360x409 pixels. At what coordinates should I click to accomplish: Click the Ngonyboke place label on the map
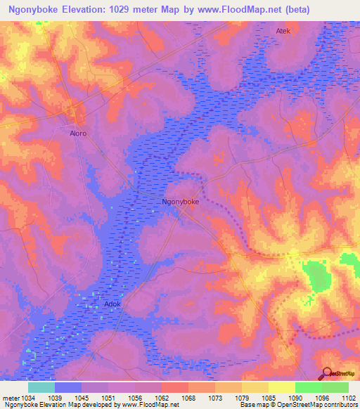181,202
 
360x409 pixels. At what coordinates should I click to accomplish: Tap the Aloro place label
78,132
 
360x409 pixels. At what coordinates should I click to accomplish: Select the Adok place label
112,304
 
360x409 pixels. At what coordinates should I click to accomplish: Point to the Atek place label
283,31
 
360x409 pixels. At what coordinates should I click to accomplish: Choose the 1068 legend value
188,397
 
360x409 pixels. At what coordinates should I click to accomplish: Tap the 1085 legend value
269,397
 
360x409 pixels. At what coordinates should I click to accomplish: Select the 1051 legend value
108,397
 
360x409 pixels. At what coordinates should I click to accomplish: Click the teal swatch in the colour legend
41,387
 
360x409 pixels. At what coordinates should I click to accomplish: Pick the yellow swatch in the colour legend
281,387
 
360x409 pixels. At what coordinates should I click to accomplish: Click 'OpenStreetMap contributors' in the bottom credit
316,405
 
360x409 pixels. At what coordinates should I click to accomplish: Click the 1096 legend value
321,397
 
